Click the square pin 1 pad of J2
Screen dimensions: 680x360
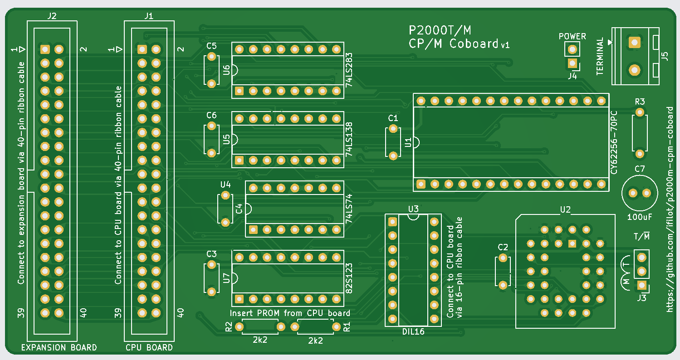click(x=45, y=49)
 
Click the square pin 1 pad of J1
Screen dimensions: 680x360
click(x=142, y=49)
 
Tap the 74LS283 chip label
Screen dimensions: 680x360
click(x=349, y=70)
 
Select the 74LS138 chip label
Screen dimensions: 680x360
click(x=349, y=139)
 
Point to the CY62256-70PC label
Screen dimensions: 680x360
click(x=614, y=143)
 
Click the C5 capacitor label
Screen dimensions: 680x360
click(x=211, y=46)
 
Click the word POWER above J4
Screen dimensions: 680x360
click(x=572, y=36)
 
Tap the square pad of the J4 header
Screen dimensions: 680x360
click(x=572, y=63)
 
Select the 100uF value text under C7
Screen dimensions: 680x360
click(x=640, y=217)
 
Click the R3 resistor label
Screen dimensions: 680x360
click(x=640, y=102)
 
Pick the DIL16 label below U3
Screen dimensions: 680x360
click(x=413, y=331)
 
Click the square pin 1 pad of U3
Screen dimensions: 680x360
click(x=392, y=222)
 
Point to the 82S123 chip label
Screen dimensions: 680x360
click(x=349, y=278)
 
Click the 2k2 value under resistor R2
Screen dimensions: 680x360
click(x=260, y=340)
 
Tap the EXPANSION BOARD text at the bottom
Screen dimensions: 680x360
click(x=59, y=348)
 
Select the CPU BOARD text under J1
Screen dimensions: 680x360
click(x=149, y=348)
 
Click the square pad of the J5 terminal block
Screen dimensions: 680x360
click(x=635, y=43)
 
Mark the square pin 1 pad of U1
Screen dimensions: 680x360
click(x=421, y=184)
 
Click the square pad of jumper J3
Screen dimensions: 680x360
click(x=642, y=285)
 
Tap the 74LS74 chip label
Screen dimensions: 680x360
click(x=349, y=209)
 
